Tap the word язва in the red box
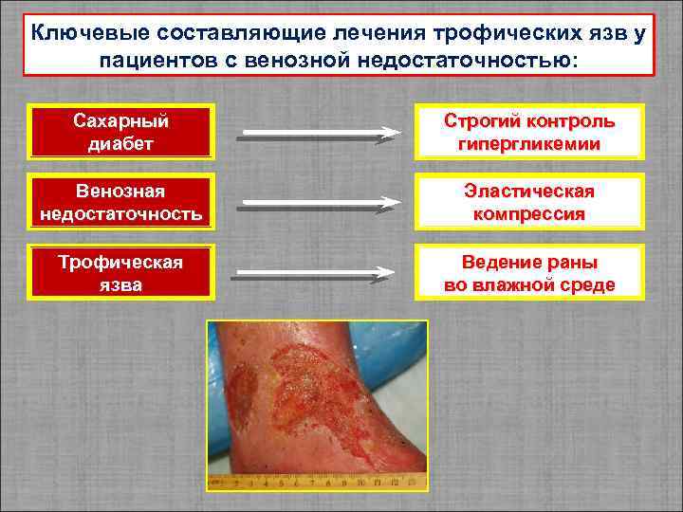click(121, 284)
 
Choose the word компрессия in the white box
click(529, 215)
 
